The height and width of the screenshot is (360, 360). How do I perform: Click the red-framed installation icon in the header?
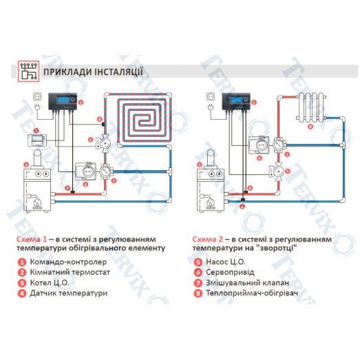(x=29, y=71)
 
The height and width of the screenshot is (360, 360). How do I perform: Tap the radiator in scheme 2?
(x=311, y=107)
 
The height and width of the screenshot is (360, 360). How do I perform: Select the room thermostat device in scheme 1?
(x=37, y=140)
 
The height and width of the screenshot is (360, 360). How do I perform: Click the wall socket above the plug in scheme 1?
(x=37, y=96)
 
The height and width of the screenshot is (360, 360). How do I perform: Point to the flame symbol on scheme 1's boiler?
(x=37, y=203)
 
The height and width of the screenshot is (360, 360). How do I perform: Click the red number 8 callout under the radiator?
(x=310, y=127)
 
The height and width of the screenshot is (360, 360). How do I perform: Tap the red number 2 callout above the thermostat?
(x=36, y=131)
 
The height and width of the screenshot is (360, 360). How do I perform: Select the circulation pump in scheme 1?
(x=104, y=144)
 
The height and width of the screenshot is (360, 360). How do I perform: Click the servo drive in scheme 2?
(x=259, y=145)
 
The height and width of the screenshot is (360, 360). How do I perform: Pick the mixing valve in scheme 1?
(x=106, y=171)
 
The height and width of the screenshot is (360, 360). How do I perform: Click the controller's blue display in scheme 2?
(x=237, y=100)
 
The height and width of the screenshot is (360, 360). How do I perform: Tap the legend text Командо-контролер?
(x=68, y=262)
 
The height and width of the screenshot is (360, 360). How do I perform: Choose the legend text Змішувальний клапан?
(x=247, y=283)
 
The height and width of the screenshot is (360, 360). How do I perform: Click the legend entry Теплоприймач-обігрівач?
(x=252, y=293)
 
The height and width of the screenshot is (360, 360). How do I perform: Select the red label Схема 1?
(x=32, y=240)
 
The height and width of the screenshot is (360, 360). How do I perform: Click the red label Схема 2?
(x=208, y=240)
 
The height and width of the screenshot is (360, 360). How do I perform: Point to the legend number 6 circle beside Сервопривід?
(x=198, y=273)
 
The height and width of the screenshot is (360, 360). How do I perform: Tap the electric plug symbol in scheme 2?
(x=211, y=107)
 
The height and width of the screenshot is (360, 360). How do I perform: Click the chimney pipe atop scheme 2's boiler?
(x=211, y=158)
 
